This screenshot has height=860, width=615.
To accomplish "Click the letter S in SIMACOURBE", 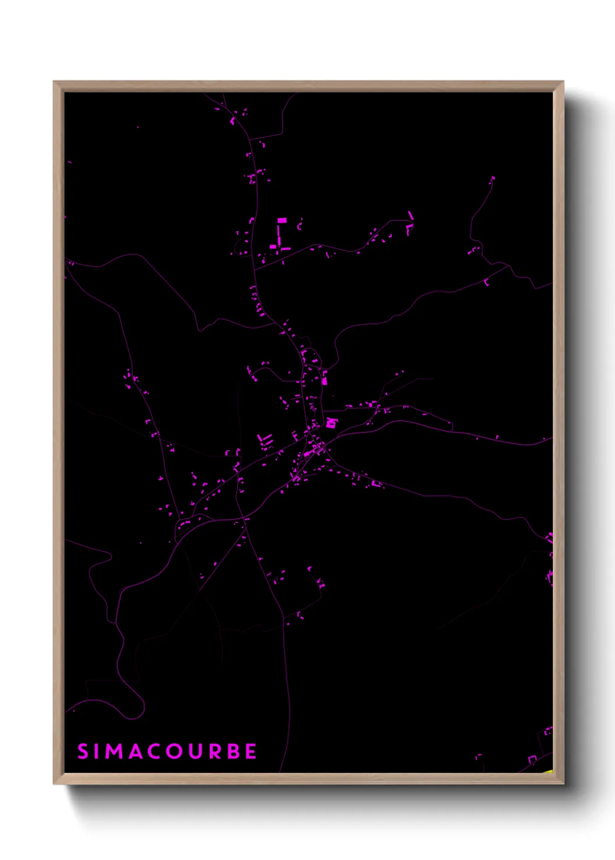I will coord(83,751).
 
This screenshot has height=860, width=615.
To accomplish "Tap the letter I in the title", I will coord(97,751).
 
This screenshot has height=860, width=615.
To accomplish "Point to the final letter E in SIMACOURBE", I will coord(251,751).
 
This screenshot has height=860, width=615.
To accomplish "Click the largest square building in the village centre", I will coord(331,423).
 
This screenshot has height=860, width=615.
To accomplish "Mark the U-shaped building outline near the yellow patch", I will coord(532,759).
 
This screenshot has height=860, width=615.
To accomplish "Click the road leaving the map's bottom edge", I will coord(281,769).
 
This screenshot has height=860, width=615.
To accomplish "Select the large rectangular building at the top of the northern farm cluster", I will coord(282,220).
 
